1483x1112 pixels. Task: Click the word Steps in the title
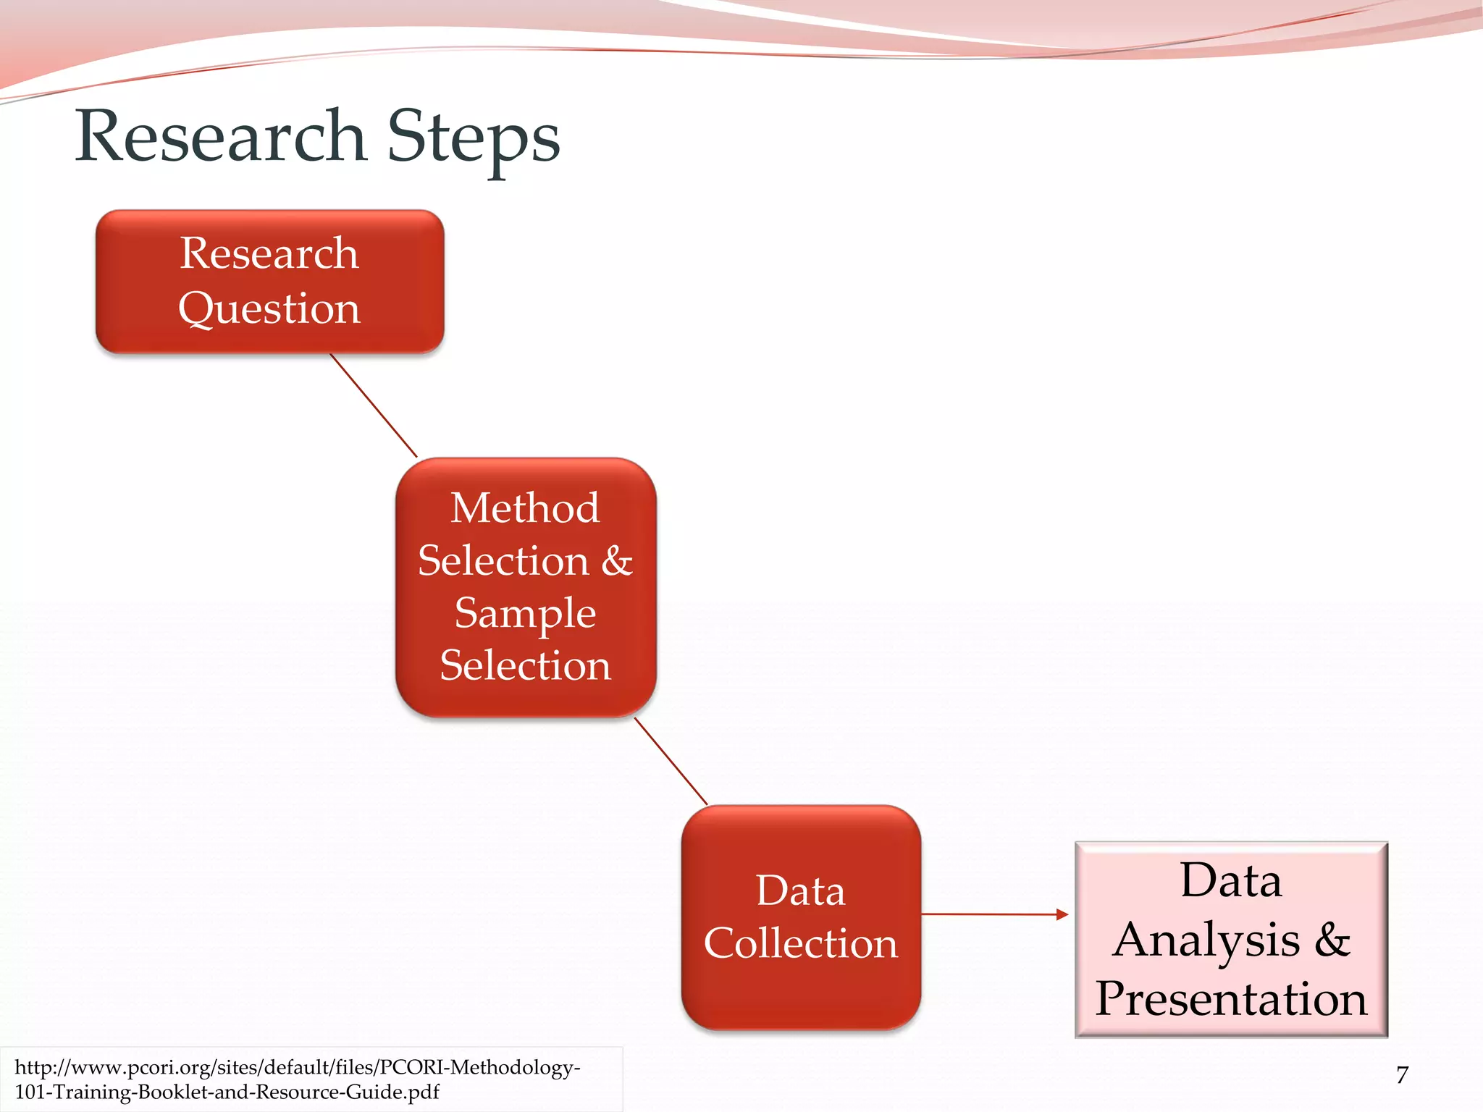pos(474,138)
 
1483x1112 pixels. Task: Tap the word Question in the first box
pos(269,308)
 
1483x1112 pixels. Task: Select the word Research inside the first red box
pos(269,253)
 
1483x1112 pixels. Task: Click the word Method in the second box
pos(525,507)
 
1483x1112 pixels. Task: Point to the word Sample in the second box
pos(525,613)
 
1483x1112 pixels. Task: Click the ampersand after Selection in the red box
pos(617,560)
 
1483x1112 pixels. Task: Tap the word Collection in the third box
pos(801,943)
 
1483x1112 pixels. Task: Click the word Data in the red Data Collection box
pos(801,890)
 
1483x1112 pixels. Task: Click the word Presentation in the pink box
pos(1231,998)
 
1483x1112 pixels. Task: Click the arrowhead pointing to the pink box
pos(1062,914)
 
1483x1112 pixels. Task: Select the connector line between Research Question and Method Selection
pos(374,405)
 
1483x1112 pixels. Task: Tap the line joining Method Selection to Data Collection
pos(671,761)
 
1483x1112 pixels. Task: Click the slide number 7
pos(1402,1075)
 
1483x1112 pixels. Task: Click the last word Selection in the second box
pos(525,665)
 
